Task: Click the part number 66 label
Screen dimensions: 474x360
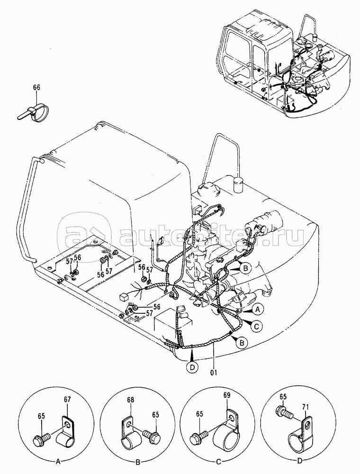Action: coord(36,87)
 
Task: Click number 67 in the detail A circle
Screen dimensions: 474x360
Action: coord(67,400)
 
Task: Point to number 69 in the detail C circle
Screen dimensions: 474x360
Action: coord(226,395)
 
